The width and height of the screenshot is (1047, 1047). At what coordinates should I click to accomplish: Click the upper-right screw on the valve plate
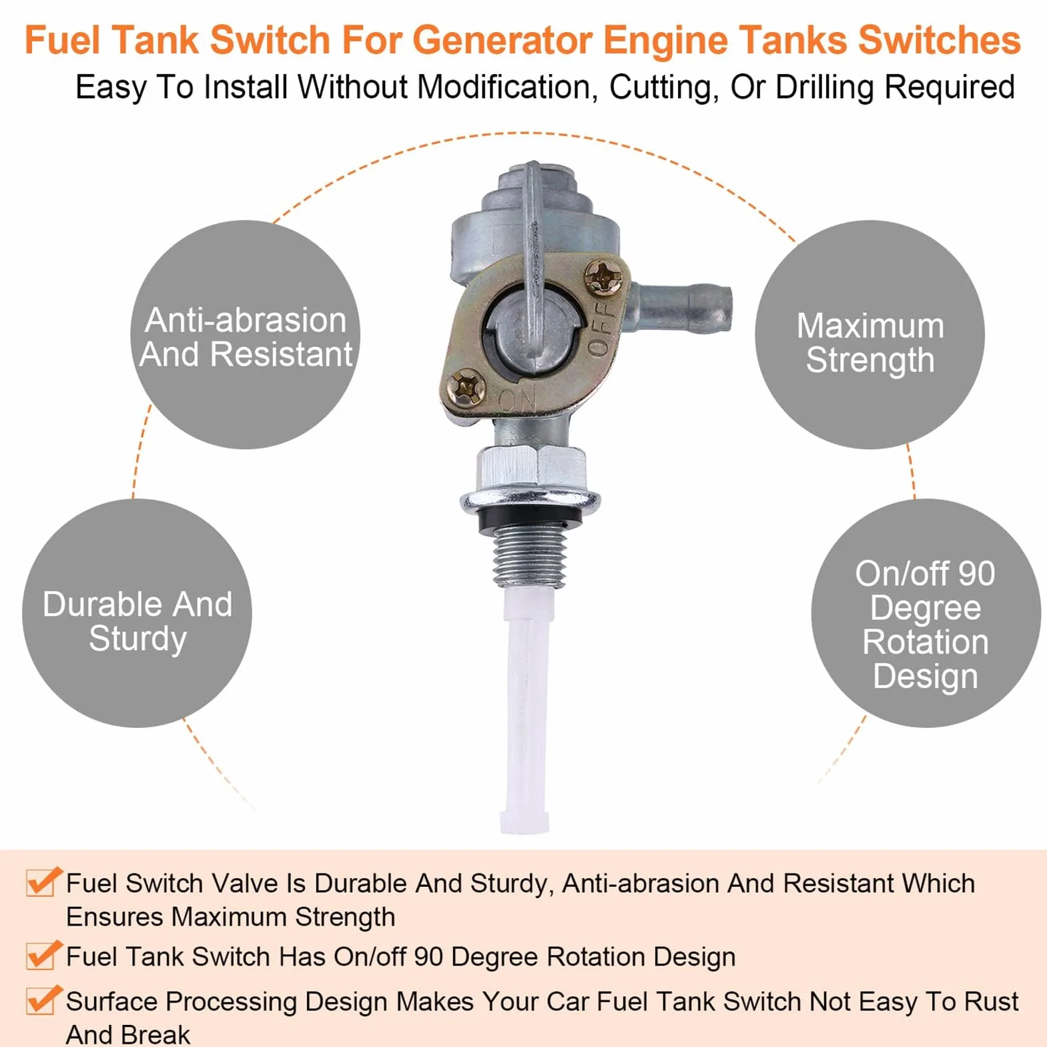click(603, 277)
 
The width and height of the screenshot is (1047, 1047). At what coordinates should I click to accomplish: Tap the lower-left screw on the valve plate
click(466, 388)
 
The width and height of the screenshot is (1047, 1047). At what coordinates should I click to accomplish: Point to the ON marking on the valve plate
click(518, 401)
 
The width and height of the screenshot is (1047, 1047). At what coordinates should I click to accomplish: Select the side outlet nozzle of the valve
click(681, 308)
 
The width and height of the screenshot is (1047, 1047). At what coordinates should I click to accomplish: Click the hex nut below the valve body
click(531, 470)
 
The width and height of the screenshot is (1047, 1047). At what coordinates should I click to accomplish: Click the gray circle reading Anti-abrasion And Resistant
click(245, 334)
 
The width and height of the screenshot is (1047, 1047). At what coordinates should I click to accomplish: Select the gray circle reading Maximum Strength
click(869, 334)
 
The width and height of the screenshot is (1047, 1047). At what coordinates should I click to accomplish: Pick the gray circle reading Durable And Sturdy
click(137, 613)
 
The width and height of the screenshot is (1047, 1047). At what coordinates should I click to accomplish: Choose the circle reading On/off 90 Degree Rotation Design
click(926, 613)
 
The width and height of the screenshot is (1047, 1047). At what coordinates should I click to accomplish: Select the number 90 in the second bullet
click(428, 956)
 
